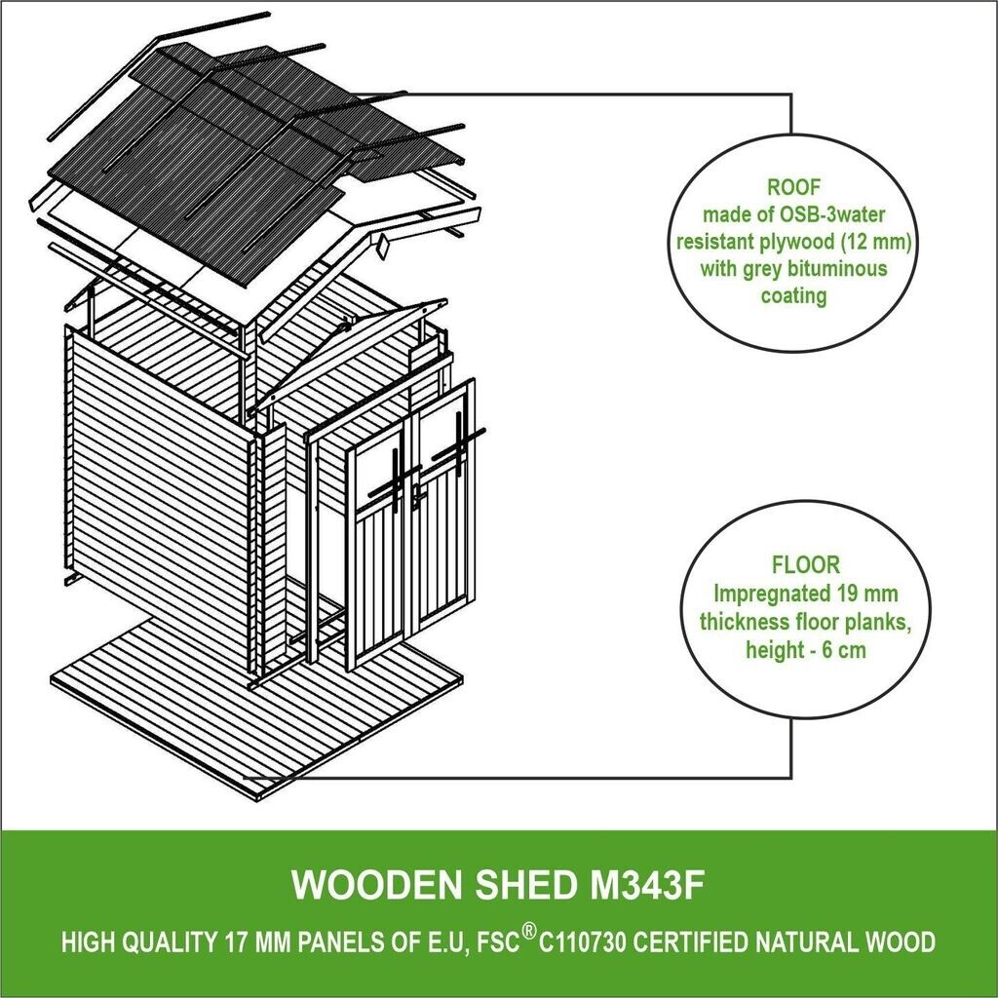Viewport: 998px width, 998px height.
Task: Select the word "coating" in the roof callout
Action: [x=792, y=294]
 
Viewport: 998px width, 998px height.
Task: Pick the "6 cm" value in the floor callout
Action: [x=843, y=650]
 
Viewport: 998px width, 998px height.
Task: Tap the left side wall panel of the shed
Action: [x=156, y=487]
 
